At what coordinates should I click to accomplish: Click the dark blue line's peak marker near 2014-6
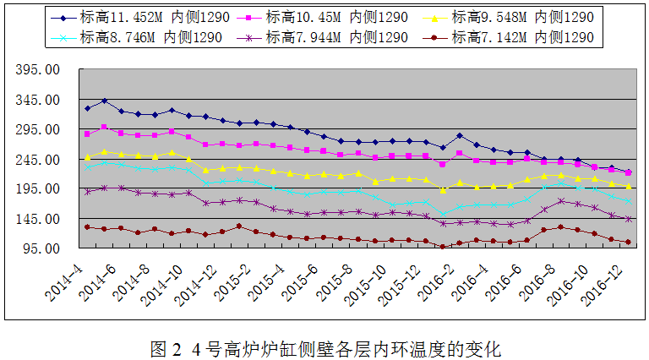(x=104, y=101)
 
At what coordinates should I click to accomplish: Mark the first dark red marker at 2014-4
(x=87, y=227)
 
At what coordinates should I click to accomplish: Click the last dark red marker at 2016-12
(x=628, y=243)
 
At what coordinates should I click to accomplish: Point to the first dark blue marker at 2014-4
(x=87, y=108)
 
